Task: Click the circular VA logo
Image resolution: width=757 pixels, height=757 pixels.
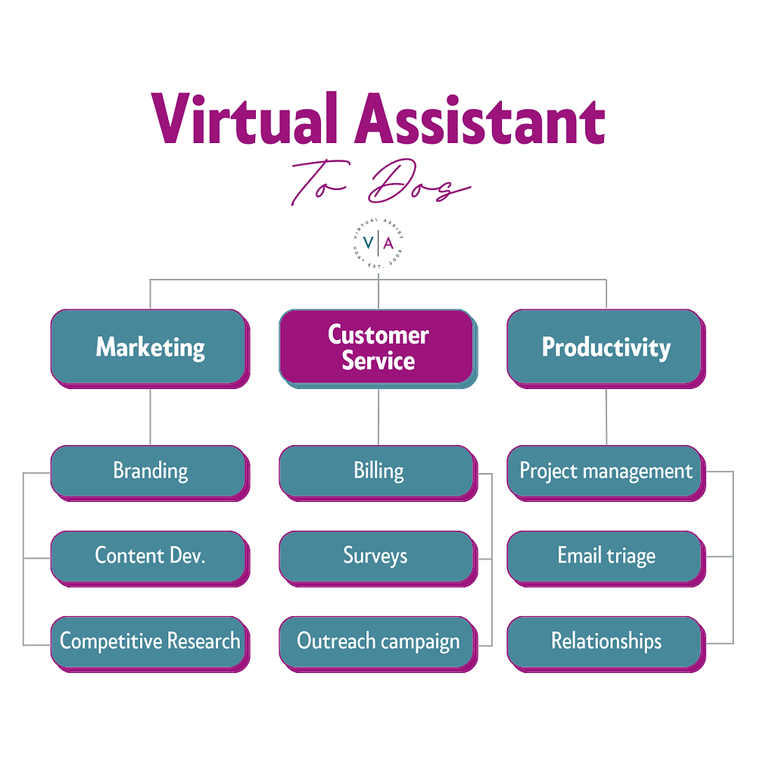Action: point(378,243)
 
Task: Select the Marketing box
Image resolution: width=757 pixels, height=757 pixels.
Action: point(149,347)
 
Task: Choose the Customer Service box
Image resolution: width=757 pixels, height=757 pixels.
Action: point(378,347)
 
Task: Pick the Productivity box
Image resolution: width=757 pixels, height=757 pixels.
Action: point(606,347)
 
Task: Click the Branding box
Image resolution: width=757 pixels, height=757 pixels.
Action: point(149,471)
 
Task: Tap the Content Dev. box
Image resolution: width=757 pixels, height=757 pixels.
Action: point(149,556)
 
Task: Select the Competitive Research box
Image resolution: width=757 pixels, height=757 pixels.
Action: point(149,641)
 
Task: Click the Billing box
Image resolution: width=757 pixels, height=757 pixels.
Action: point(378,471)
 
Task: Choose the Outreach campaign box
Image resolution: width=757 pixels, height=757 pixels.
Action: point(378,641)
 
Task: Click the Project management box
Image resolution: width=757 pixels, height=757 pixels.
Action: point(606,471)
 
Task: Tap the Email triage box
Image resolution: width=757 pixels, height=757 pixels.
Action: point(606,556)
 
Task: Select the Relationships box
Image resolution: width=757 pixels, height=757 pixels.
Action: point(606,641)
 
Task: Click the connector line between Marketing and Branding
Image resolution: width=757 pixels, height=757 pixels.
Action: point(150,416)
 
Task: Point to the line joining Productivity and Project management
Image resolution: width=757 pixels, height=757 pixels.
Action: point(606,416)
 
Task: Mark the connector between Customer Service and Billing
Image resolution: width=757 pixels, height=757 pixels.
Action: point(378,416)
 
